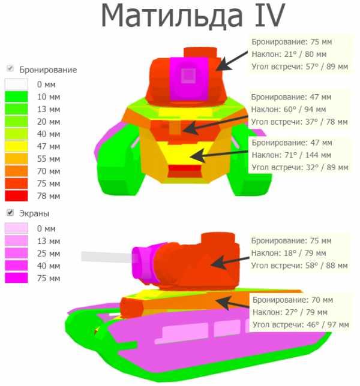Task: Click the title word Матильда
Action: coord(172,16)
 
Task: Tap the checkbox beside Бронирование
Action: coord(10,68)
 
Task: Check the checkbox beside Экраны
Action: coord(10,212)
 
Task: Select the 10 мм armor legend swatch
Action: coord(16,96)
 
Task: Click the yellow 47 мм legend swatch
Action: coord(16,146)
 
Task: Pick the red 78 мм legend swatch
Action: coord(16,196)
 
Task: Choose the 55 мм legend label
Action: coord(49,159)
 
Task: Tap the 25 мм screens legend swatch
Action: coord(16,254)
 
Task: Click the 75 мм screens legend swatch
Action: coord(16,278)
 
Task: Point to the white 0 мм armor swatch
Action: coord(16,85)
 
